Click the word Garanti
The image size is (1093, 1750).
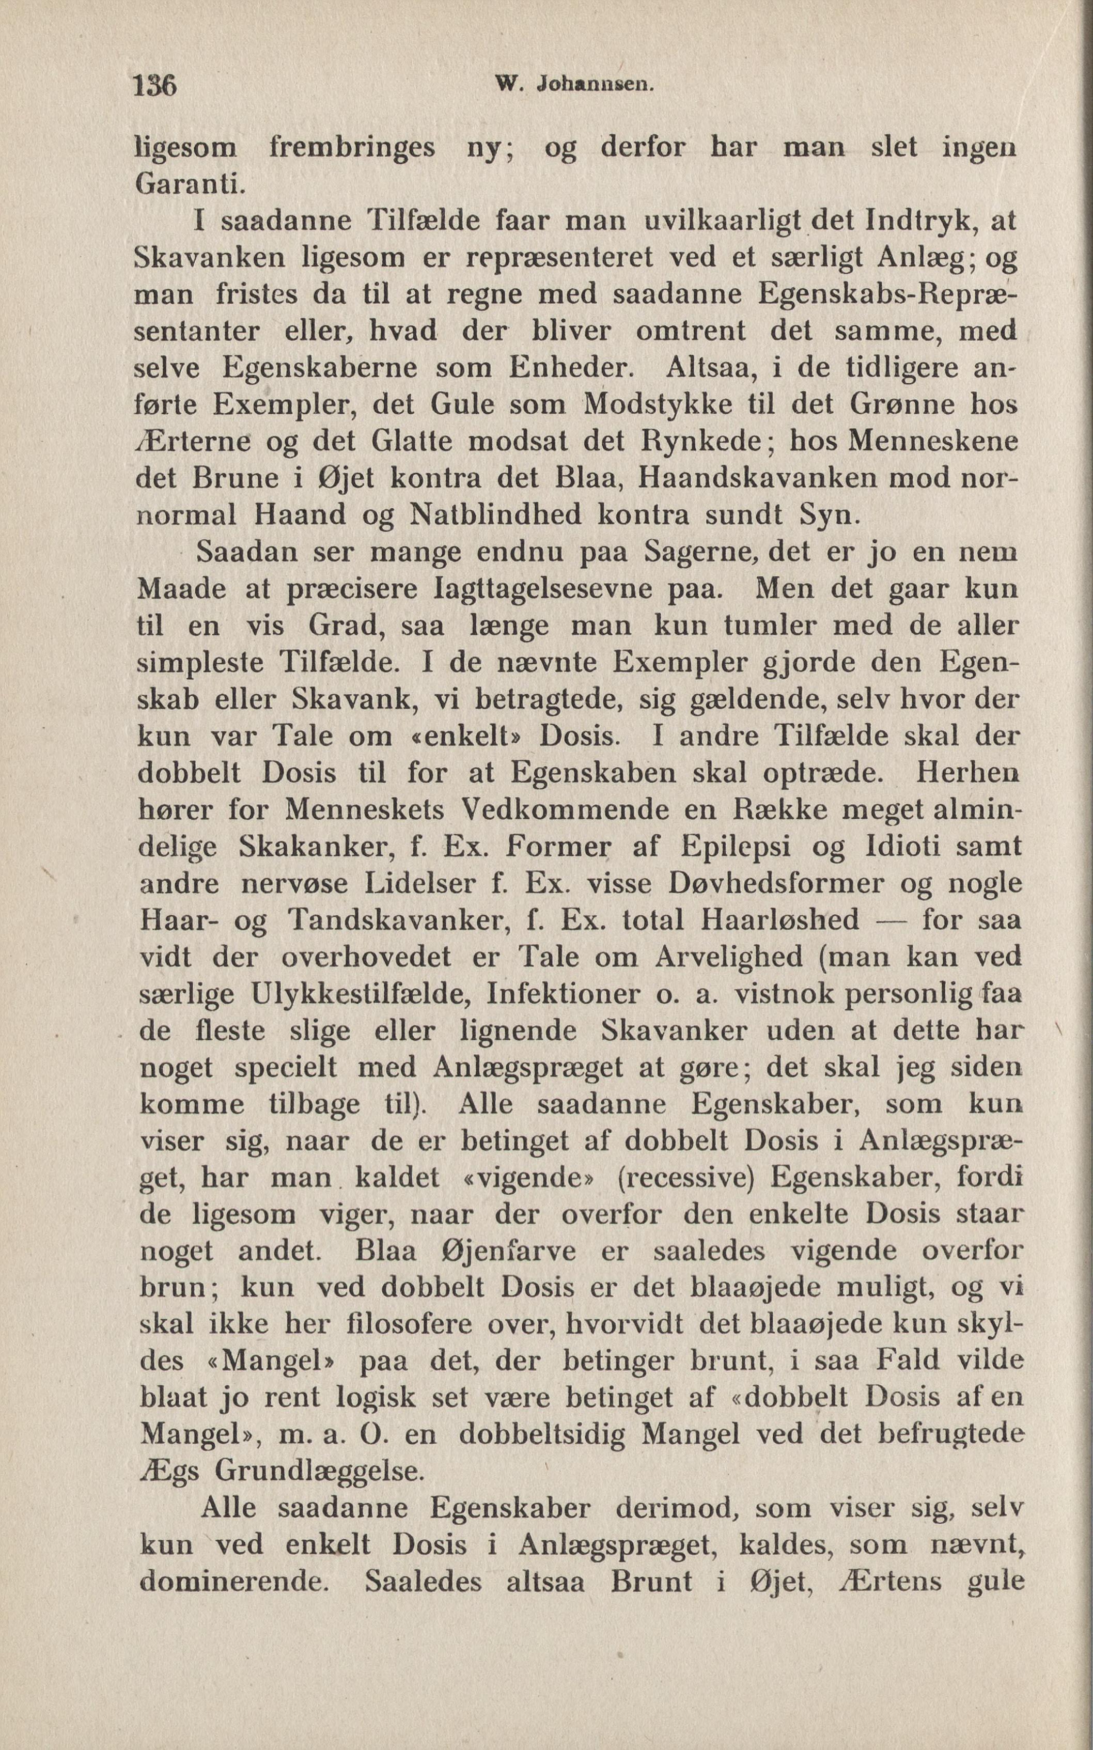coord(188,184)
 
